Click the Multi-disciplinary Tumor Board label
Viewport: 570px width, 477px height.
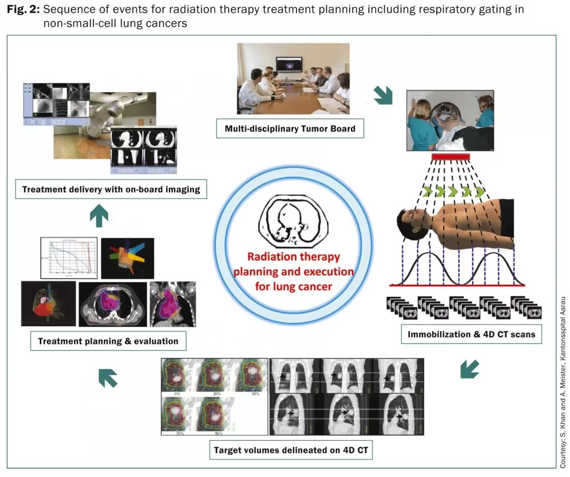[290, 128]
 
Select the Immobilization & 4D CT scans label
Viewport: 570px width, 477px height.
[472, 334]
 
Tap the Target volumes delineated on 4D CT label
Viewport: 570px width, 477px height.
[291, 450]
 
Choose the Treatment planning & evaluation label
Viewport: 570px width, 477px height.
[108, 341]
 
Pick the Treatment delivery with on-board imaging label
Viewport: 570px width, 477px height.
[111, 189]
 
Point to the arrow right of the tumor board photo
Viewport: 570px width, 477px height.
[383, 95]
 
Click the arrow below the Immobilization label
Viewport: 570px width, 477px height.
[469, 369]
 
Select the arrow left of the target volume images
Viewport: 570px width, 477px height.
[108, 378]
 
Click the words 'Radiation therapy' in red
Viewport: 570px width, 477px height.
[293, 257]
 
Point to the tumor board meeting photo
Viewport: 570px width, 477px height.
[293, 79]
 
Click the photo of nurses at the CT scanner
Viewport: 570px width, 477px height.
[450, 120]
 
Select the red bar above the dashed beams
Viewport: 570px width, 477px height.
[450, 156]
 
